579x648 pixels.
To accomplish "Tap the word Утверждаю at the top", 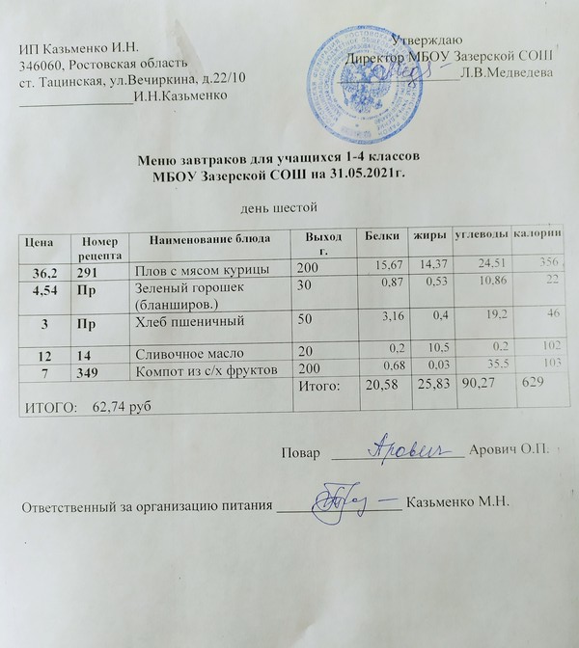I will [x=424, y=39].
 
